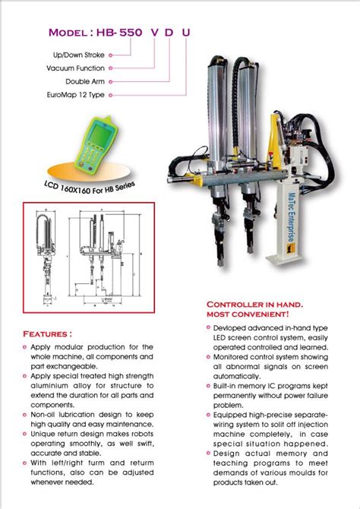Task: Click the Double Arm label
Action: click(x=85, y=81)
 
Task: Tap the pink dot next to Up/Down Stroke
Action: click(x=112, y=55)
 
